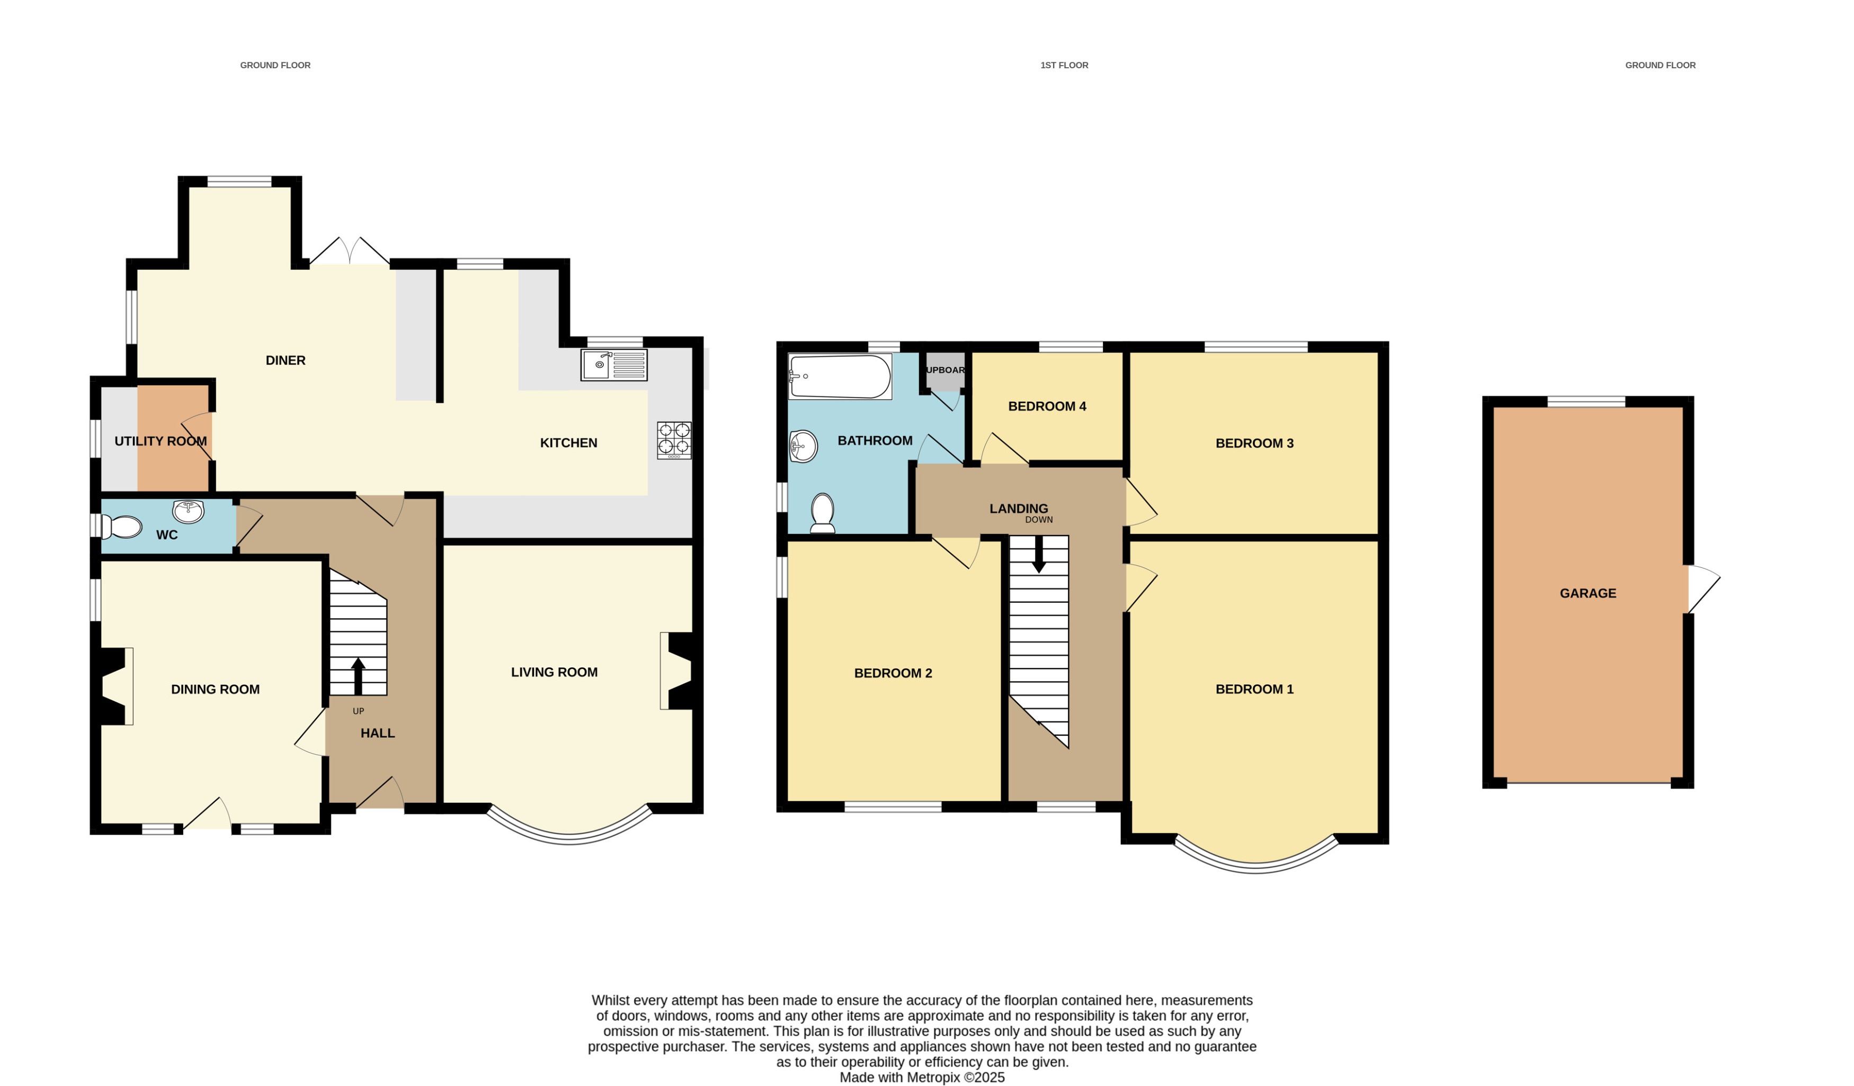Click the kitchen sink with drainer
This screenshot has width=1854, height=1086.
tap(613, 365)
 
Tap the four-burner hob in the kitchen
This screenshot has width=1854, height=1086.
tap(674, 440)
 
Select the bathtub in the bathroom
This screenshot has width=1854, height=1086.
tap(840, 376)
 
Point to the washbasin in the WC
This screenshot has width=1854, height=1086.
tap(189, 511)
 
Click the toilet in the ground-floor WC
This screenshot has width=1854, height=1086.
tap(121, 527)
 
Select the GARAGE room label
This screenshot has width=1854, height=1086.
tap(1588, 593)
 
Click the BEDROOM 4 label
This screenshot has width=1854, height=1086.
tap(1046, 406)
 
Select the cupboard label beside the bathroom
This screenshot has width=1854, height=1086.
tap(944, 370)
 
